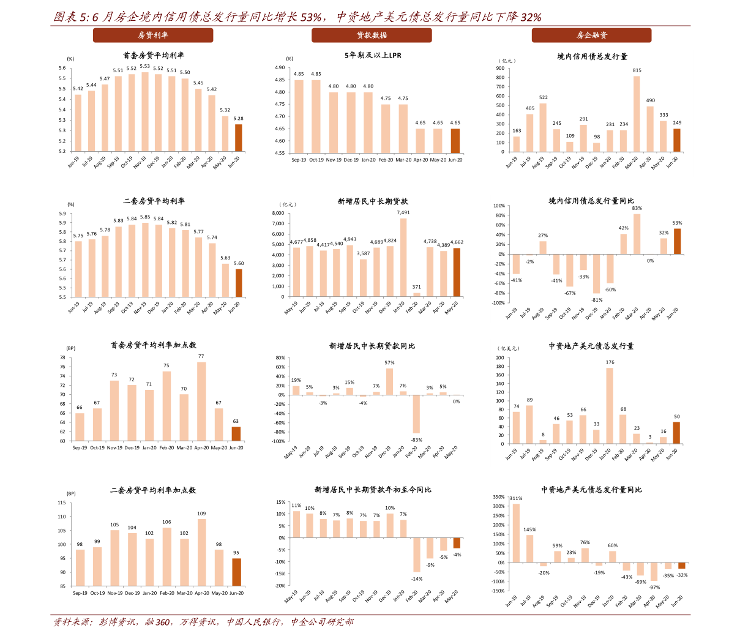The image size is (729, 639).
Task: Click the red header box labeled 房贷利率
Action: point(153,35)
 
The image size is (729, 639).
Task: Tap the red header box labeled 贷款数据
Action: point(372,35)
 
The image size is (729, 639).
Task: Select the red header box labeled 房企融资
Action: point(591,35)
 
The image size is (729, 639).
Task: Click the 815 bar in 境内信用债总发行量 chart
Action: point(637,114)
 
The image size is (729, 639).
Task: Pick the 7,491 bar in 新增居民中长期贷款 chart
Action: point(403,258)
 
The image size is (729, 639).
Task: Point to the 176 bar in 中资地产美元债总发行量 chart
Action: point(610,406)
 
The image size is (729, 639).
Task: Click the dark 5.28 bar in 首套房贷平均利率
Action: point(238,138)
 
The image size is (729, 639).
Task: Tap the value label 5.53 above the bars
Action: point(144,66)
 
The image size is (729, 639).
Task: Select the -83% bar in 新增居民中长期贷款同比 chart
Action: point(416,414)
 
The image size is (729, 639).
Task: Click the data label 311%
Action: point(515,498)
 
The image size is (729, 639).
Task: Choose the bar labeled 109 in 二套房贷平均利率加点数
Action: point(201,553)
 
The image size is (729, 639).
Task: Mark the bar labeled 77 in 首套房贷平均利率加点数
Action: point(201,402)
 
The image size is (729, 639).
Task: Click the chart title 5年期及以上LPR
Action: point(373,55)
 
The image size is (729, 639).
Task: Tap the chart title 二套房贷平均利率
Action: point(154,201)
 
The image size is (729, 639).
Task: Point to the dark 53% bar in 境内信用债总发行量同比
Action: point(677,241)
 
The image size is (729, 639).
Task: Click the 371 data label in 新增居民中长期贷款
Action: point(416,287)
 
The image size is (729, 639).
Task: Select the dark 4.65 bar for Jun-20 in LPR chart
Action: point(455,141)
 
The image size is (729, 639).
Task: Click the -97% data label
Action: point(654,587)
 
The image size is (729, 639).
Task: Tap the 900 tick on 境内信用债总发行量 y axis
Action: point(500,68)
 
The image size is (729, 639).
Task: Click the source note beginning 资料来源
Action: point(204,622)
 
